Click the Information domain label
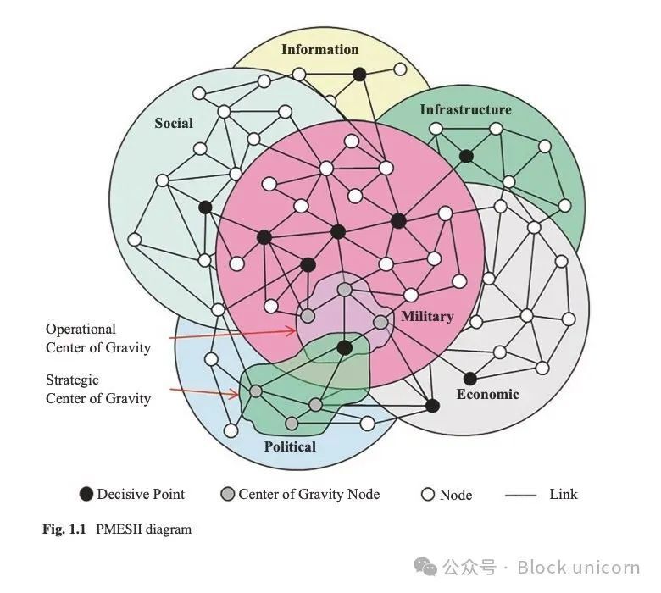point(320,49)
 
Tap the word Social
point(174,123)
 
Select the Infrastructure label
point(466,109)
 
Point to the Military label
point(427,316)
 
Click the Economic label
point(488,394)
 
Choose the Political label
point(290,446)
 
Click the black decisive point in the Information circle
point(359,75)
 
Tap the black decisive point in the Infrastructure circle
point(466,157)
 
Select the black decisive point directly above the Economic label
point(470,379)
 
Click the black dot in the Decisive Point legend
point(86,494)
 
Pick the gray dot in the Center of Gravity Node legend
point(228,494)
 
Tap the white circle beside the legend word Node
point(428,494)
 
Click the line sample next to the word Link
point(520,496)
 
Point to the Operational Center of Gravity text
point(98,339)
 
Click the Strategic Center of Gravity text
point(98,389)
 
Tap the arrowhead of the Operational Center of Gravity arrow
point(293,331)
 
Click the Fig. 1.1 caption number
point(64,529)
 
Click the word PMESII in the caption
point(119,529)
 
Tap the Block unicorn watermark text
point(579,568)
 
